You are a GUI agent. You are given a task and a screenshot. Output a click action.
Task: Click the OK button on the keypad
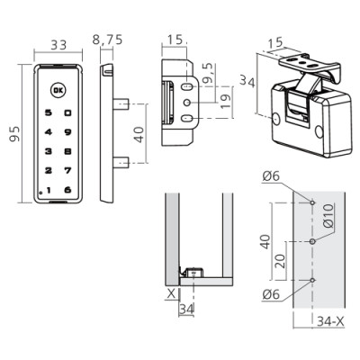coord(58,90)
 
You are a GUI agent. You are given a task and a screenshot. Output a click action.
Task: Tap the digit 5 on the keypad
coord(49,112)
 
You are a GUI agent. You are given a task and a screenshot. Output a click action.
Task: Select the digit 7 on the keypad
coord(68,170)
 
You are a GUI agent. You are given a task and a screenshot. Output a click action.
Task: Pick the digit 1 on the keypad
coord(49,190)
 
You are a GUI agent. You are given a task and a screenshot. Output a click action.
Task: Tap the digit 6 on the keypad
coord(68,190)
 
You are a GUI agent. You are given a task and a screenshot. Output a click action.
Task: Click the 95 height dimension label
coord(14,134)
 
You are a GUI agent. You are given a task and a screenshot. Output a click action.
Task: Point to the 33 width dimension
coord(58,45)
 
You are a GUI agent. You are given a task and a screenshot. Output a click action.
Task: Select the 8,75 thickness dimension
coord(107,40)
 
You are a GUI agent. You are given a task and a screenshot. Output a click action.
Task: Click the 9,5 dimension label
coord(208,73)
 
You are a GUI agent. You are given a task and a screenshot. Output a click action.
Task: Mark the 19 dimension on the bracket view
coord(226,101)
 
